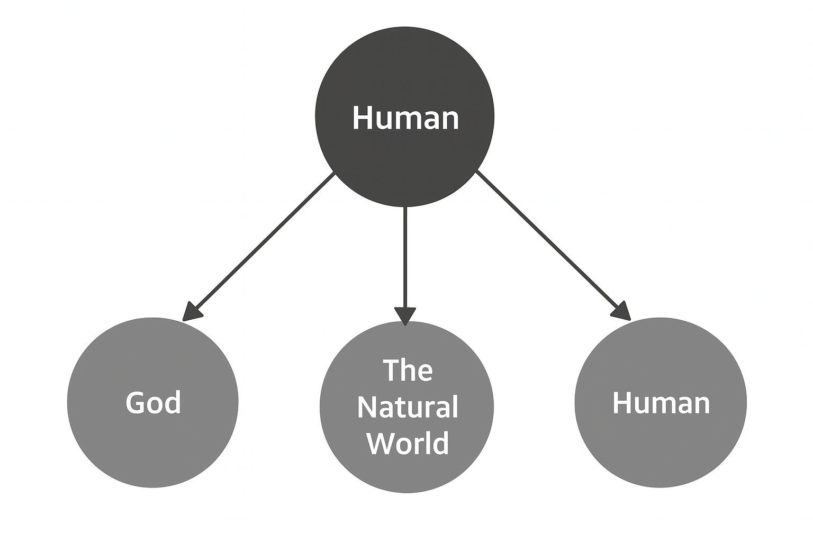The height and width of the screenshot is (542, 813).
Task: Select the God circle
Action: click(x=152, y=445)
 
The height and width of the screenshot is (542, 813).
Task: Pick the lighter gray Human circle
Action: click(x=661, y=450)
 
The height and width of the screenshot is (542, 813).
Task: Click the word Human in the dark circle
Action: click(x=405, y=118)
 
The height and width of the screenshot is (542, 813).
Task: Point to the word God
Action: click(x=153, y=403)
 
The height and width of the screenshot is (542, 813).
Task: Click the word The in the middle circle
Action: click(x=407, y=370)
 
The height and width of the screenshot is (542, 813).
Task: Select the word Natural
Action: click(x=407, y=407)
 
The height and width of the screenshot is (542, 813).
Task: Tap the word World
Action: click(x=408, y=442)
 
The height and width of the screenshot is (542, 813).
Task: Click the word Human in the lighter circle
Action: click(x=661, y=403)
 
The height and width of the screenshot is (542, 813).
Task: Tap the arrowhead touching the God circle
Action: click(x=191, y=312)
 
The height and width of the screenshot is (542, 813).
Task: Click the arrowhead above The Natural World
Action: click(x=405, y=315)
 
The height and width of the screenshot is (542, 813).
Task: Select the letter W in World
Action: click(x=380, y=443)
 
